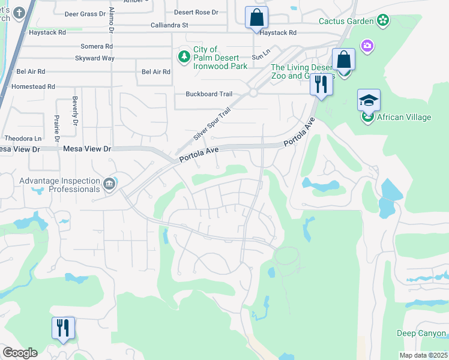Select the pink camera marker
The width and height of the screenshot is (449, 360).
367,46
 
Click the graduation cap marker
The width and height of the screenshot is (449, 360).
369,100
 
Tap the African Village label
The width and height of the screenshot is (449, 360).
403,117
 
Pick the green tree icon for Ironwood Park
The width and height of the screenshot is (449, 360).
184,57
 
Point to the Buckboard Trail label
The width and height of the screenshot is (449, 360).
208,94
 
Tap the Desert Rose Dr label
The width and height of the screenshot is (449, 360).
196,12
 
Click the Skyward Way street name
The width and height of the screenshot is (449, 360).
94,58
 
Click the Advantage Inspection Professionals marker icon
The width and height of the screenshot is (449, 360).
109,184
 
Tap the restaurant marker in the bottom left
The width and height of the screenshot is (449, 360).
63,328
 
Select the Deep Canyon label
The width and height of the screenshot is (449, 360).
421,333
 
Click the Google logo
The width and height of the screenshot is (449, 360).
19,353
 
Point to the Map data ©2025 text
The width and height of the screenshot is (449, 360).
423,355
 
